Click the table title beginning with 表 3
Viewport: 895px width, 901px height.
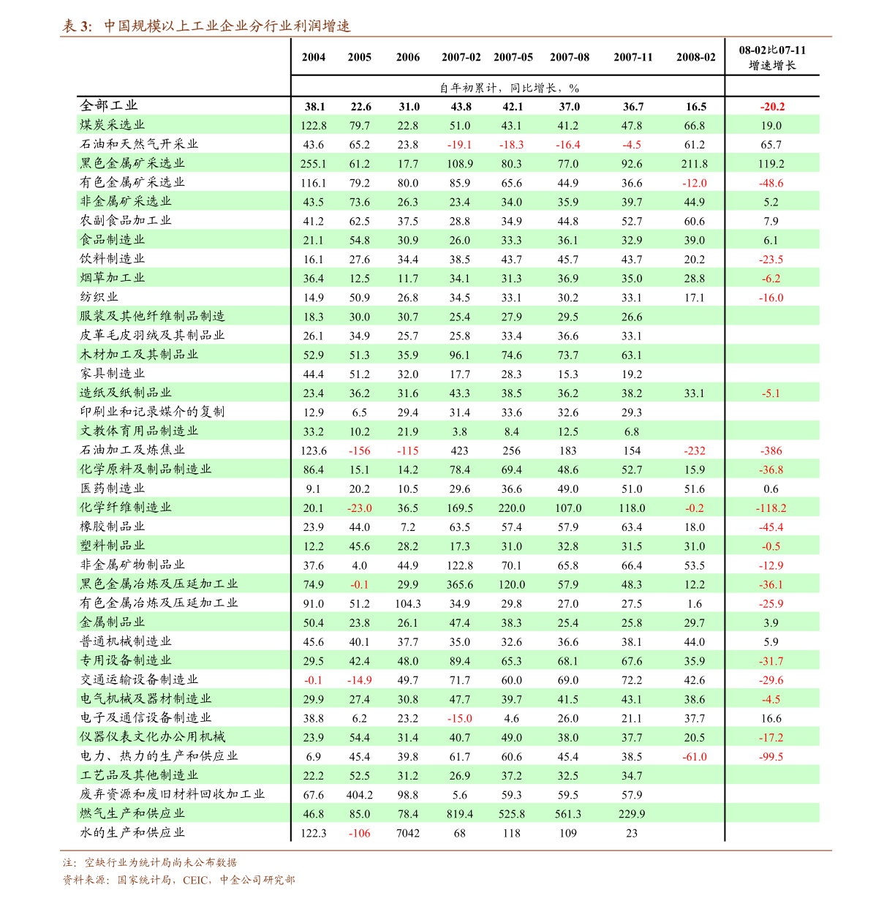(x=206, y=26)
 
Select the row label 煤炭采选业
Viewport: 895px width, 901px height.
(x=113, y=125)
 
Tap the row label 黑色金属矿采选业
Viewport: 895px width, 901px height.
(x=132, y=163)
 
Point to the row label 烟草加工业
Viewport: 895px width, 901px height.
(x=113, y=278)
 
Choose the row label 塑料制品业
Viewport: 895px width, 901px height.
(x=113, y=546)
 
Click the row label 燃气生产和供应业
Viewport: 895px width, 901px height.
(x=132, y=813)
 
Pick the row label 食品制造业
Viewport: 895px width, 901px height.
(x=113, y=240)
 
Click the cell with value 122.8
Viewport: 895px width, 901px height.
(x=313, y=126)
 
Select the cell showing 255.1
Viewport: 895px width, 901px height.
(x=313, y=164)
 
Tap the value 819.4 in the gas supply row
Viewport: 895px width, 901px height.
(x=459, y=814)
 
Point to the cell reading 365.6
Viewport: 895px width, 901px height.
(x=459, y=584)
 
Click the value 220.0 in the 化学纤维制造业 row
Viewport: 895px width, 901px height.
(x=512, y=508)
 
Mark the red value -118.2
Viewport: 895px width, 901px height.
(x=771, y=508)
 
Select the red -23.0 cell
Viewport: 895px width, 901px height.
(x=359, y=508)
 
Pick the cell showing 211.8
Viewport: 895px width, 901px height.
(x=694, y=164)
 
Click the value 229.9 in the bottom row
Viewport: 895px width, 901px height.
(x=632, y=814)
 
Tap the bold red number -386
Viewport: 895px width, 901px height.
(x=771, y=451)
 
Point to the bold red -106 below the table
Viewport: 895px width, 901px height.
(x=359, y=834)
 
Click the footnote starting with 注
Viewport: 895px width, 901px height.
(x=150, y=863)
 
